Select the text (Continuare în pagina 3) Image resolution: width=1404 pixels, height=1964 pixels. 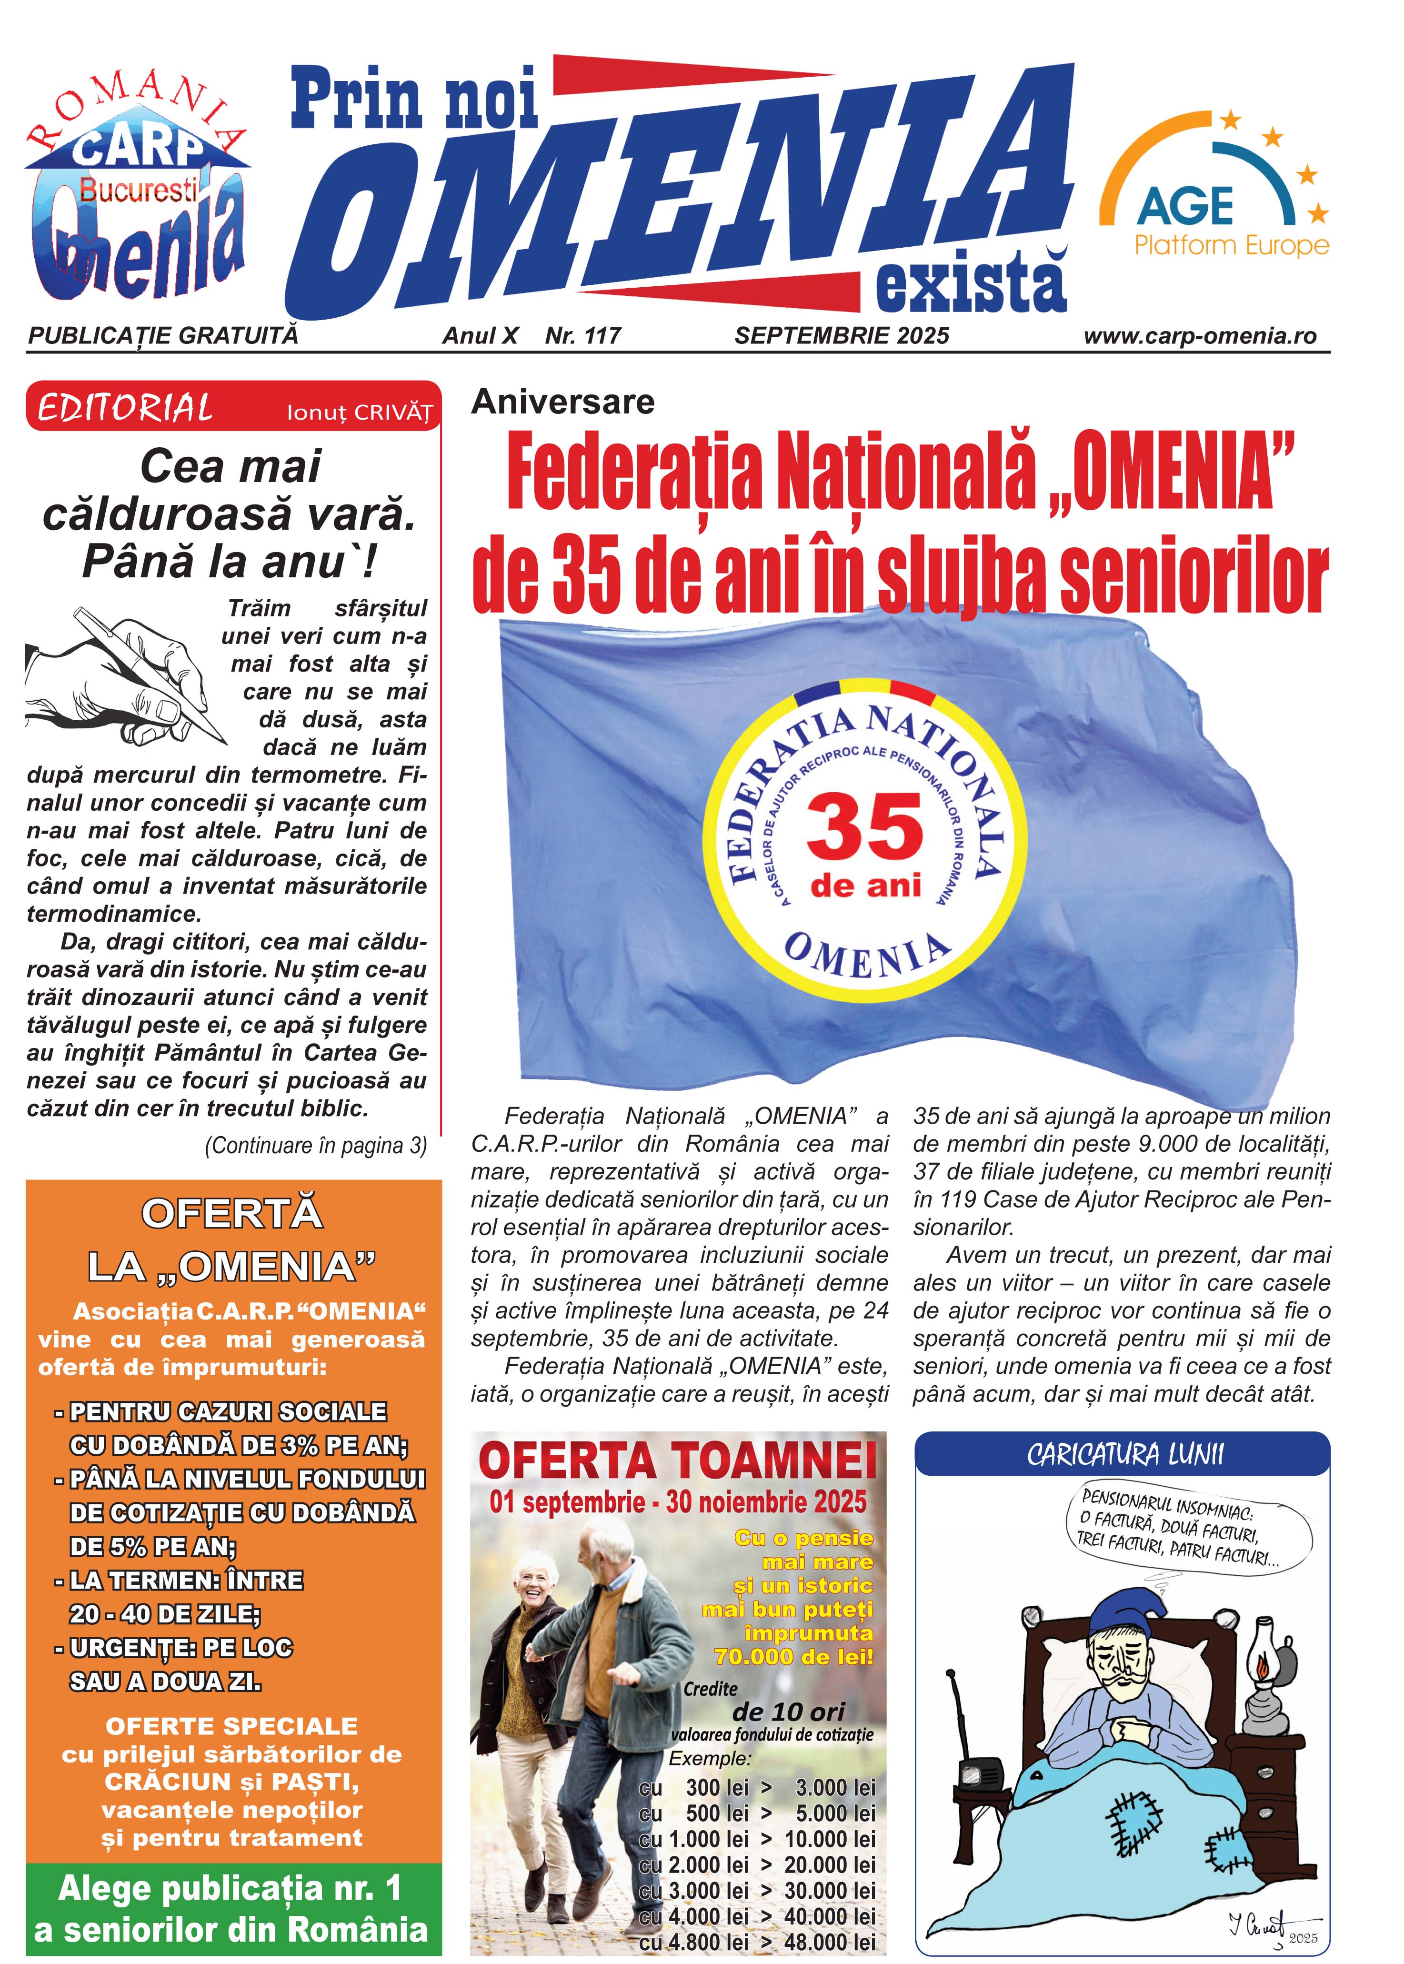point(316,1146)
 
